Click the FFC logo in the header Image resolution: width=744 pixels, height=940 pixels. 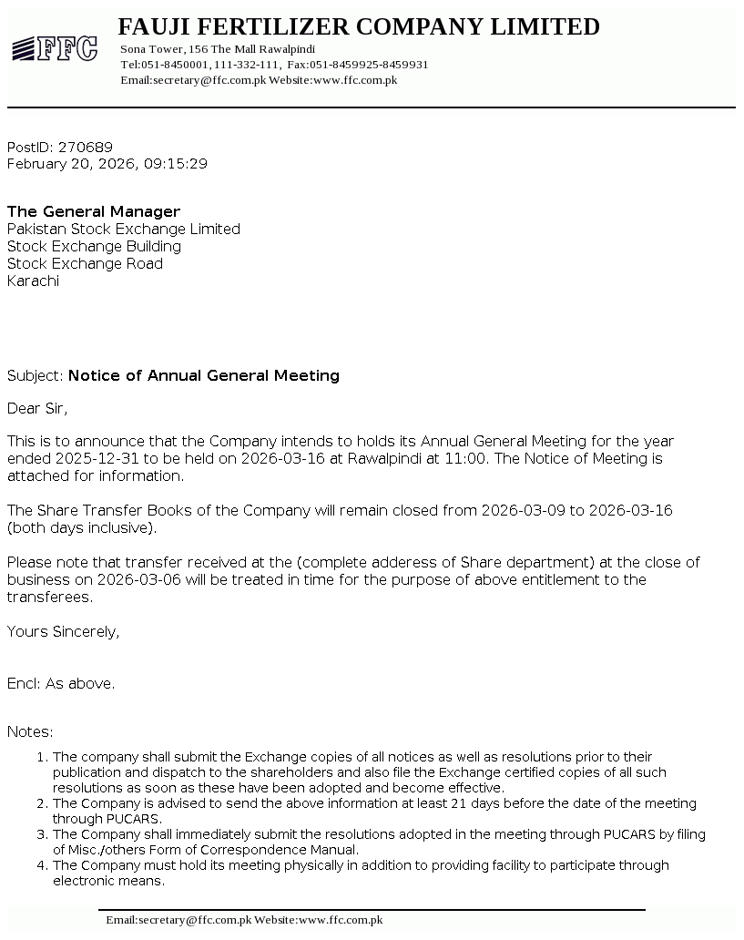(x=55, y=48)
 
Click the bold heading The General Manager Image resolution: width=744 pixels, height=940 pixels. (x=94, y=212)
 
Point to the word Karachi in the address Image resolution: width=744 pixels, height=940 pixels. (x=33, y=281)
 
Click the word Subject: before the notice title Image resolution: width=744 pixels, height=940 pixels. (x=36, y=376)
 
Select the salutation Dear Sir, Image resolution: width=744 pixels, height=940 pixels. (x=37, y=408)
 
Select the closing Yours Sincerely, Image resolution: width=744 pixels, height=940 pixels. (x=63, y=632)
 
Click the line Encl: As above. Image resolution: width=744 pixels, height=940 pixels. (x=61, y=684)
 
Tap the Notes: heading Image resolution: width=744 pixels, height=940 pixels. (x=30, y=732)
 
